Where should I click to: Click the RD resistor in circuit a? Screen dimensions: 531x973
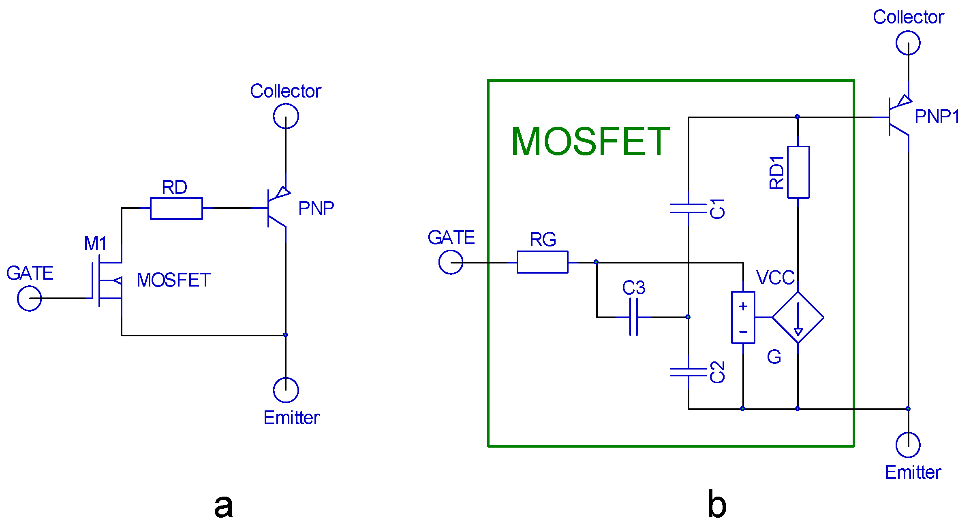[176, 208]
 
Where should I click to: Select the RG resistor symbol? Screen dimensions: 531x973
[542, 262]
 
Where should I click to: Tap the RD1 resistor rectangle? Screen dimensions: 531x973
[798, 172]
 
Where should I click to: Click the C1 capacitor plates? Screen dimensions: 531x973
[688, 208]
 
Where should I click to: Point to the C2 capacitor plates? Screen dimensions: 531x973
[688, 372]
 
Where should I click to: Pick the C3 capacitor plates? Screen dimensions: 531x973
[634, 317]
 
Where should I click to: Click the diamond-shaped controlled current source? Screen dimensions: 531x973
[798, 318]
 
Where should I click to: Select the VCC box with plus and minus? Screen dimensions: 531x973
[743, 318]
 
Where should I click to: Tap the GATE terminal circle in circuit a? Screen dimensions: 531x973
[29, 299]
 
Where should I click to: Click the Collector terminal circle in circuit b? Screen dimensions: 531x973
[908, 43]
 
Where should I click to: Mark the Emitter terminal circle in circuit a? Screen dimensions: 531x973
[286, 390]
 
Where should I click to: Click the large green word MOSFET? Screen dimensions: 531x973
[590, 142]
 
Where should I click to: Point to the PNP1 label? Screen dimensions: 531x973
[937, 117]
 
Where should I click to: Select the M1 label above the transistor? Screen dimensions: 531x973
[96, 243]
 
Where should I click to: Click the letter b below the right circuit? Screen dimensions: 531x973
[716, 505]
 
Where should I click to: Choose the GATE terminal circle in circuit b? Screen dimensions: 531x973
[451, 262]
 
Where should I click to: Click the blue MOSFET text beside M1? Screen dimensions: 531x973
[173, 280]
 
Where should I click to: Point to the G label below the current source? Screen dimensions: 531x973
[774, 357]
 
